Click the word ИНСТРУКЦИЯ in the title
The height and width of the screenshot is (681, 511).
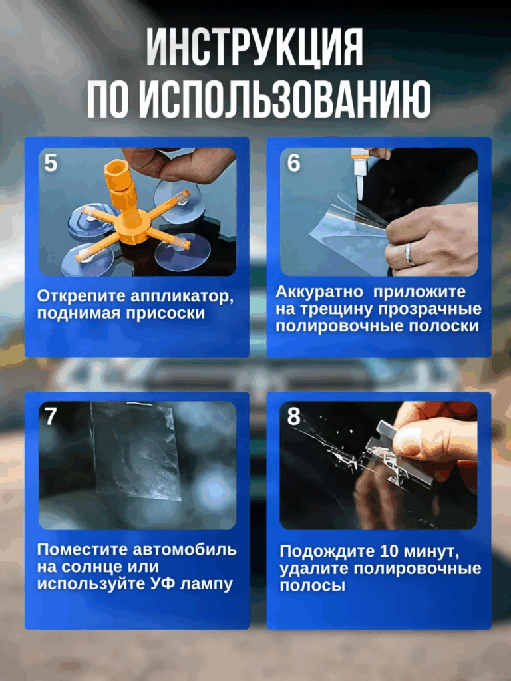[255, 47]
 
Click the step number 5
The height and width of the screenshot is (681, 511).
[51, 163]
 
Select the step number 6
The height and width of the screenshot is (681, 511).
[293, 163]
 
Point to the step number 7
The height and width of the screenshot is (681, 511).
[51, 416]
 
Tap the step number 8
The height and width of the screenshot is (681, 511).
[293, 416]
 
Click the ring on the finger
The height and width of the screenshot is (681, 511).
[409, 255]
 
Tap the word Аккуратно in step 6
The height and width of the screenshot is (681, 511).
[319, 292]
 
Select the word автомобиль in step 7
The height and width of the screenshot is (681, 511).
[185, 550]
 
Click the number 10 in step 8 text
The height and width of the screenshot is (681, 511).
[389, 551]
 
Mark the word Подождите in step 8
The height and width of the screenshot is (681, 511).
[327, 552]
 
